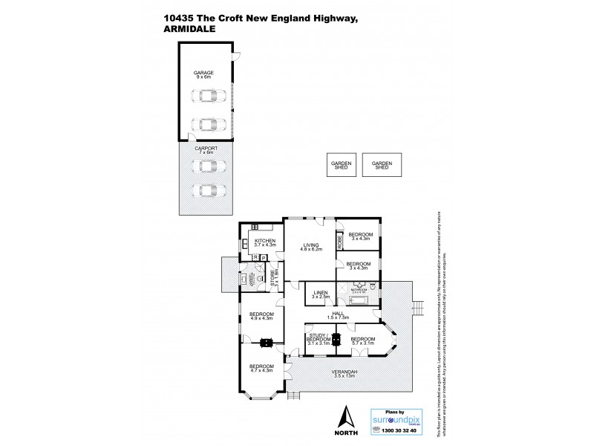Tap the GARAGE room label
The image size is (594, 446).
204,73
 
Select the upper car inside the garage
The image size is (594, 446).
209,97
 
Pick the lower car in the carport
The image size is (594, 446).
209,191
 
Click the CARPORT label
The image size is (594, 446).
206,148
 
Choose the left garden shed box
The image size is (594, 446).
341,165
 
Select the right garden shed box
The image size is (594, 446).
382,165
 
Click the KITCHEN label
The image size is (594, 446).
265,241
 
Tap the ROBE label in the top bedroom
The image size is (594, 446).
340,240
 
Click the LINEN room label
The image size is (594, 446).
320,293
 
